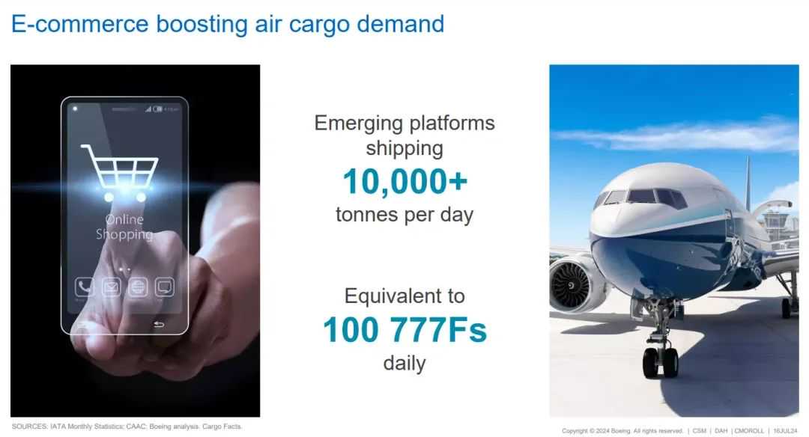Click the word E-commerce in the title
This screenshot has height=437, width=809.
coord(80,24)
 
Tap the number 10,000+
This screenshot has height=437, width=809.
coord(405,182)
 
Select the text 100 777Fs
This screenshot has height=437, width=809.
coord(405,330)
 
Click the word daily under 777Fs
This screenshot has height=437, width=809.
coord(404,364)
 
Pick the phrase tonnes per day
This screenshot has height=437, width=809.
coord(404,215)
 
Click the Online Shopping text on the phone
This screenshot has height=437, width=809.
coord(124,227)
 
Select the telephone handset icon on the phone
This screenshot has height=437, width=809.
coord(85,287)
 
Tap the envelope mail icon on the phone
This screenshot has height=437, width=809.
coord(111,287)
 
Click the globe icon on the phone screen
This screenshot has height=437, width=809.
coord(138,287)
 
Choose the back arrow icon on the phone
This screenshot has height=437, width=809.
coord(159,324)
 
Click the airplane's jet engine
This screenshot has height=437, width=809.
coord(573,285)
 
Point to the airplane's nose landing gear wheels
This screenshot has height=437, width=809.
coord(660,362)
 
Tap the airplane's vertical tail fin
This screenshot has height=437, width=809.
coord(747,183)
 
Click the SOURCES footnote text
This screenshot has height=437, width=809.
coord(127,427)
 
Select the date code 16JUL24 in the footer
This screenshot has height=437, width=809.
coord(785,431)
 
